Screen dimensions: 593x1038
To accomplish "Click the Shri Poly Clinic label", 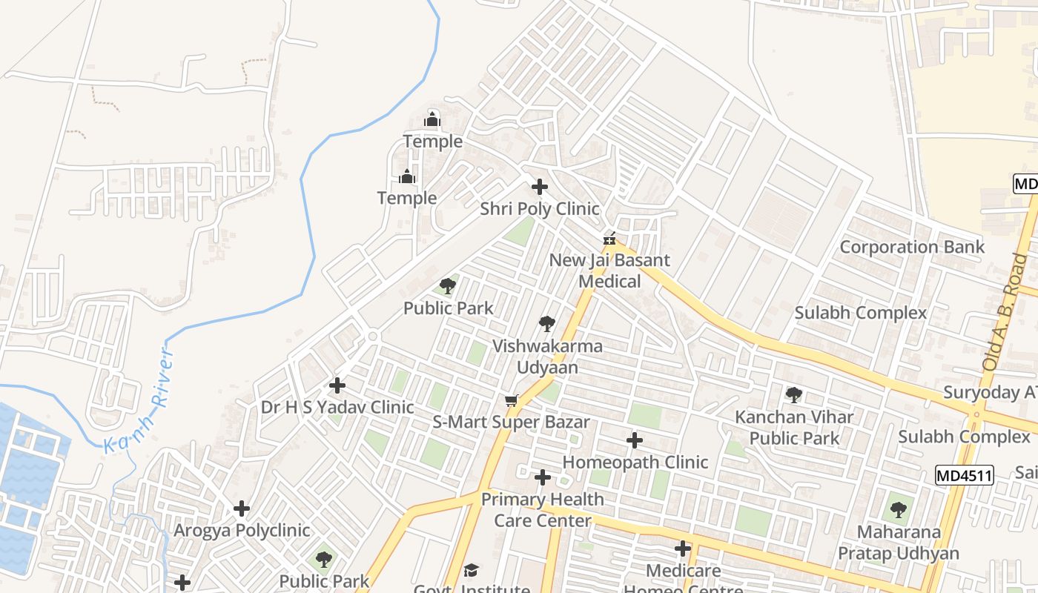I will (539, 209).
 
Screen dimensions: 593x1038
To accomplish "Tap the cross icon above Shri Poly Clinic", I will (540, 187).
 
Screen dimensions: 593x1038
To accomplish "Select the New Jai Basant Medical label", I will (609, 271).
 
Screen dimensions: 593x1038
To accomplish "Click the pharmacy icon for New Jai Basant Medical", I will (609, 239).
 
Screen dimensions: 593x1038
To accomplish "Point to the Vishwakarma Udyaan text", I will (547, 356).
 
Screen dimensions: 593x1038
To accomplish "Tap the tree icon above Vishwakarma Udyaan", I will (547, 324).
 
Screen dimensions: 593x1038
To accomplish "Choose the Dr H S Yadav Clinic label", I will (337, 407).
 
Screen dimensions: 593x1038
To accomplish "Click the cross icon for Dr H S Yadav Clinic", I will (337, 385).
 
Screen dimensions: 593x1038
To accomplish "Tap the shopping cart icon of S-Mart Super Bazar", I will (511, 401).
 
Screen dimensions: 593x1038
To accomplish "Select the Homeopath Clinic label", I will (635, 462).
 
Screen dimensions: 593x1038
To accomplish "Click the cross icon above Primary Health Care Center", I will (543, 477).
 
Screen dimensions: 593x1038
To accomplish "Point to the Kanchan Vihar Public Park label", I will (794, 427).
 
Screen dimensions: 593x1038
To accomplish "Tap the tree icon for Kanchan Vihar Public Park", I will (794, 395).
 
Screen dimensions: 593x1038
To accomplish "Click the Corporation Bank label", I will (912, 247).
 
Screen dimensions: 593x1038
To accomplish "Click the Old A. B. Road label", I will (1005, 312).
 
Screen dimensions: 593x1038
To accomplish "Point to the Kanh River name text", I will (142, 402).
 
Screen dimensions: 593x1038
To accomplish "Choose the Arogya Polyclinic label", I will (242, 531).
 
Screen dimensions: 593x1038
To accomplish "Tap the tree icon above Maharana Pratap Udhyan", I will (899, 510).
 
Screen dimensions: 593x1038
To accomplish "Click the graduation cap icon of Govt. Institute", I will (471, 570).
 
